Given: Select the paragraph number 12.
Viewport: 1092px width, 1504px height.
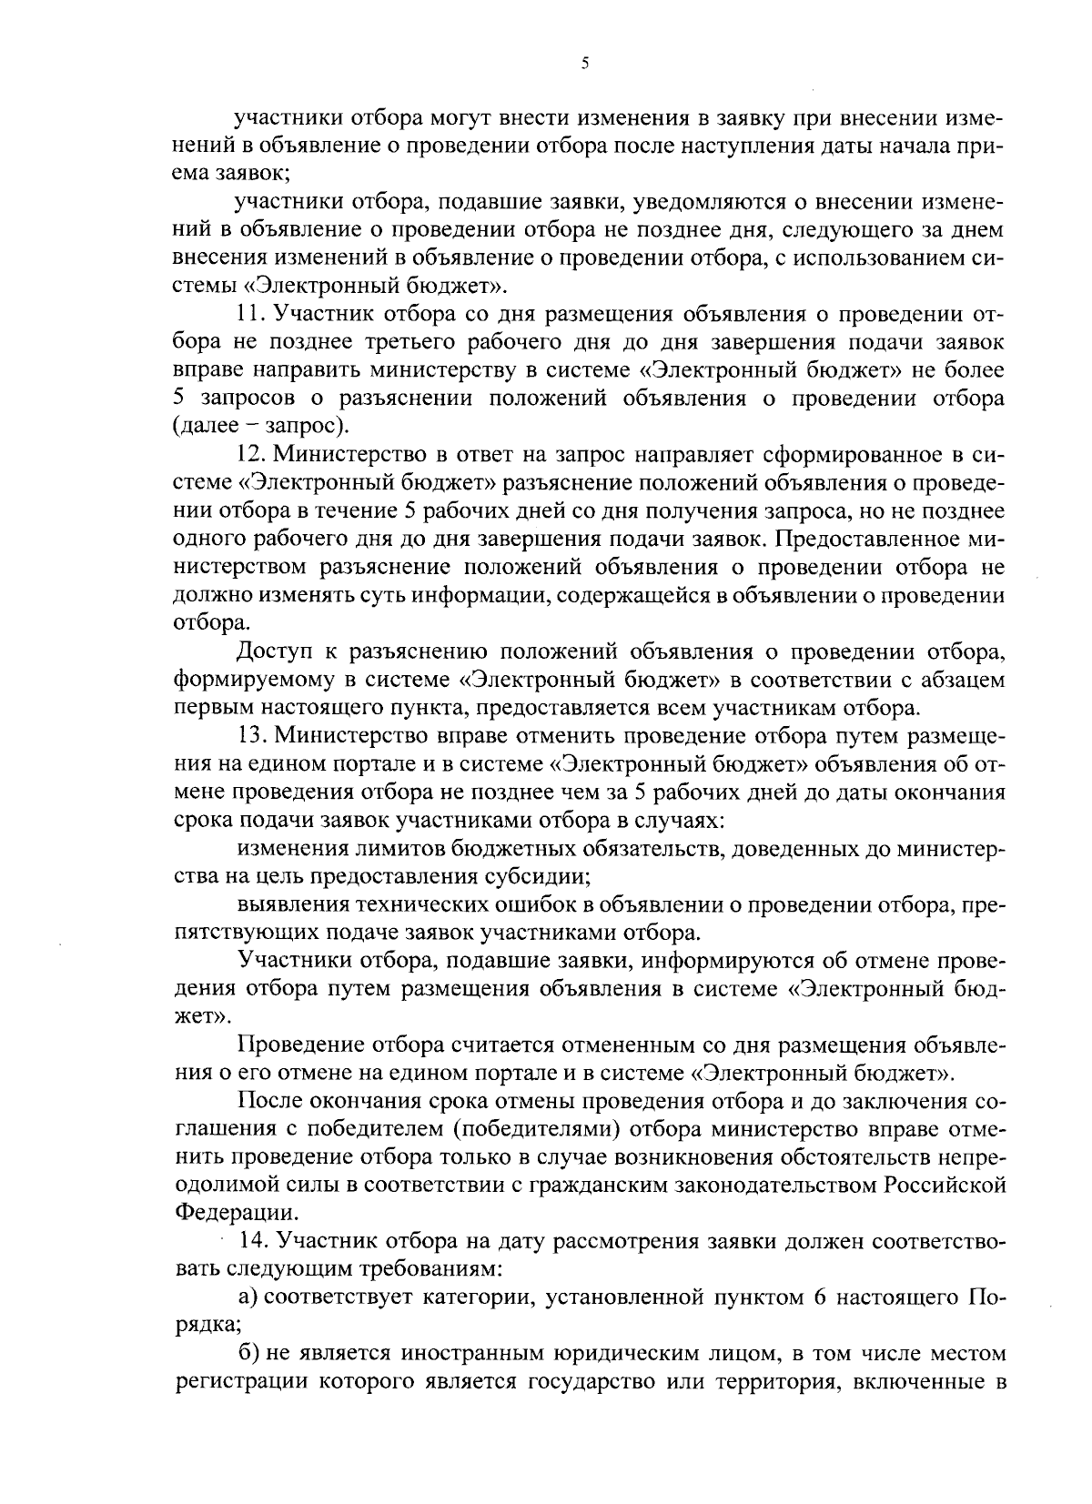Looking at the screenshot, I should [250, 452].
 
